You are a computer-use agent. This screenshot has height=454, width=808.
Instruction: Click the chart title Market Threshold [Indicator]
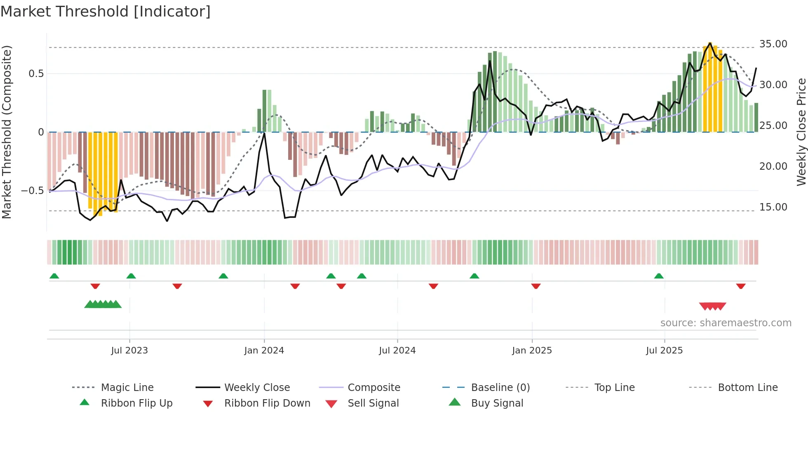(106, 12)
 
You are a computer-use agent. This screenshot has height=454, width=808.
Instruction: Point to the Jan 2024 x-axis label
(264, 350)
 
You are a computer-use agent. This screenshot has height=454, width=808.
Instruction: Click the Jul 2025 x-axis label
(664, 350)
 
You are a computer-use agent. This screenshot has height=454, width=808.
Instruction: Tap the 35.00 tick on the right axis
(773, 44)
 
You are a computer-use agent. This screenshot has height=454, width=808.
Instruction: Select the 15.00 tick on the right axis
(773, 207)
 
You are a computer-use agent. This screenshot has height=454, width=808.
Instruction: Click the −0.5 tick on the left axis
(32, 190)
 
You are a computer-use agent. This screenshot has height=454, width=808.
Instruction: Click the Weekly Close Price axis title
(801, 132)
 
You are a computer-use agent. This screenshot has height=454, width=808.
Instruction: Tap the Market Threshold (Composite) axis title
(7, 132)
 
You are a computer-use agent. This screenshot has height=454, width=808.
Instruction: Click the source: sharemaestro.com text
(726, 323)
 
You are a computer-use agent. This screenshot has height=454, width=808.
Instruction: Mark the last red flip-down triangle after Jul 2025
(741, 286)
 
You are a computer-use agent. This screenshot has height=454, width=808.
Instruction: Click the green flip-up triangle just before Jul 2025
(659, 276)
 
